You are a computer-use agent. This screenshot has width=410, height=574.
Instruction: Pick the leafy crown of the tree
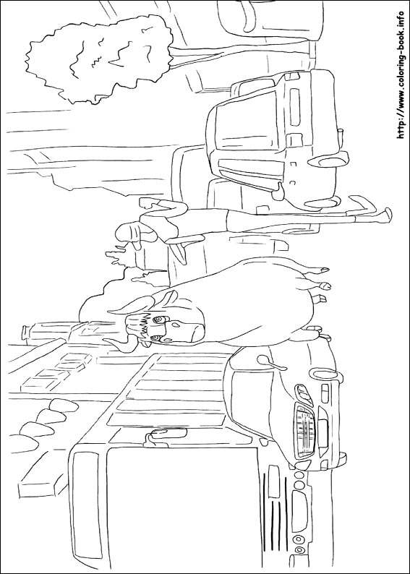(x=99, y=59)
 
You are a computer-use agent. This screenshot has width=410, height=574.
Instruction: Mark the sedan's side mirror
(x=270, y=362)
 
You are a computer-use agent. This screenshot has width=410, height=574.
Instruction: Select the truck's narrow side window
(x=86, y=505)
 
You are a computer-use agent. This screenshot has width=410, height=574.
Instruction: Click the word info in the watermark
(x=401, y=21)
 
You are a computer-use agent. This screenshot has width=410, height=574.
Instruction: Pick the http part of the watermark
(x=401, y=130)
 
